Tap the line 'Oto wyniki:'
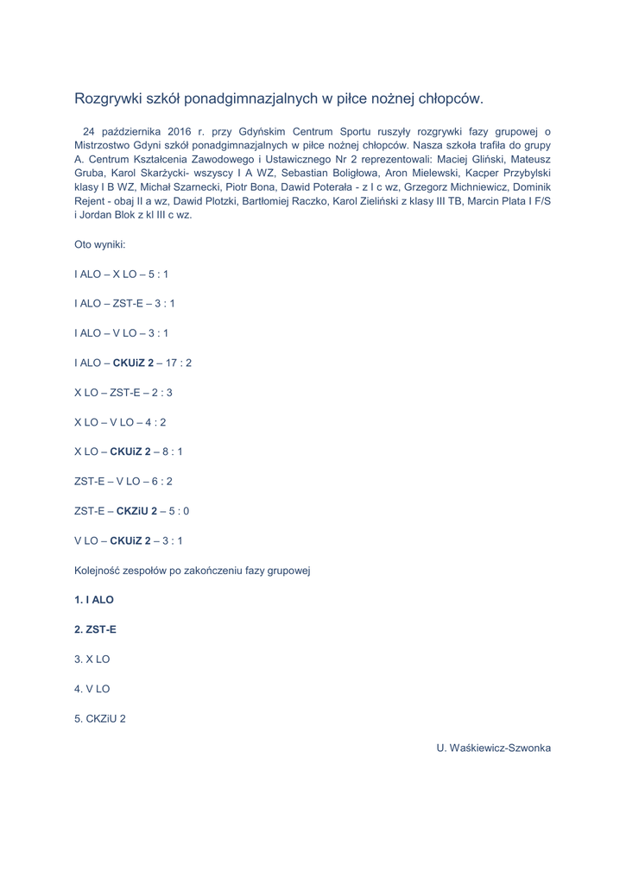click(x=100, y=244)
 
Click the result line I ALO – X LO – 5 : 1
click(x=122, y=274)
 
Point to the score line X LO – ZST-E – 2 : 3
click(x=123, y=392)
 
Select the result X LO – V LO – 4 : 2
click(x=120, y=422)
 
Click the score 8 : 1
click(x=172, y=451)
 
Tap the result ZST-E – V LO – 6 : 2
click(x=123, y=481)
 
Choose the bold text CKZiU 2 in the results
click(x=136, y=511)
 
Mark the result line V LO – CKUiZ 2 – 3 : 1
click(x=129, y=540)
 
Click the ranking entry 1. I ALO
click(x=94, y=599)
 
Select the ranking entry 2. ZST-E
click(x=96, y=629)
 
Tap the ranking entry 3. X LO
click(x=92, y=659)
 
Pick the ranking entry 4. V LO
click(x=92, y=689)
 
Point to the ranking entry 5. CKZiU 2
click(x=100, y=718)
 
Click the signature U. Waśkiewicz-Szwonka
click(x=493, y=748)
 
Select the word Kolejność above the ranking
click(x=100, y=571)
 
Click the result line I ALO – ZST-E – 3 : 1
click(x=124, y=303)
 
